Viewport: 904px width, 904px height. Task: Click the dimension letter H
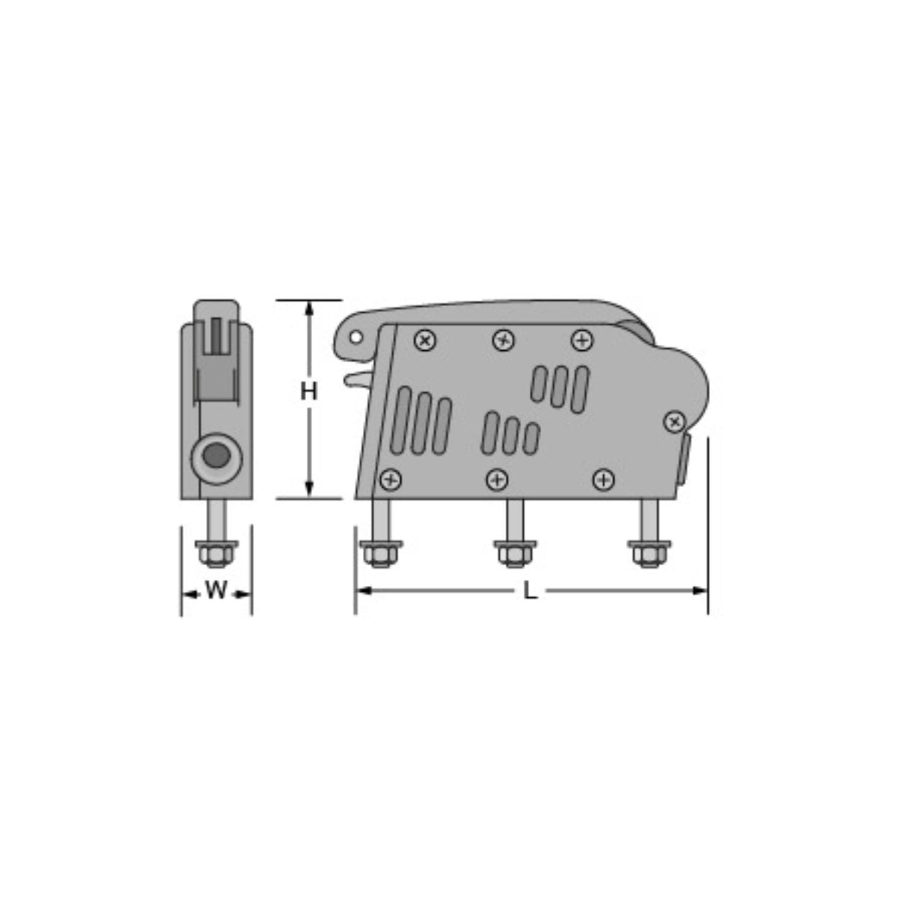coord(309,392)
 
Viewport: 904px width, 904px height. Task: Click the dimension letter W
coord(216,590)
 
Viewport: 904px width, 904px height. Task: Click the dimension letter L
coord(530,591)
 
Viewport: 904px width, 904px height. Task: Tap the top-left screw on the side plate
coord(425,341)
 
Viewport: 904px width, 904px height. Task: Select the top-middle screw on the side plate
coord(503,341)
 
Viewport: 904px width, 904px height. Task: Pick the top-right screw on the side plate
coord(582,341)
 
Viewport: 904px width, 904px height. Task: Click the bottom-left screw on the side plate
coord(391,480)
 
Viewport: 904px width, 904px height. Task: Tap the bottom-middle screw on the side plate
coord(497,480)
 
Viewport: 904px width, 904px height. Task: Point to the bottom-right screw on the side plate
coord(603,480)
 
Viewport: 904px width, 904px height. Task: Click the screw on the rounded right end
coord(674,422)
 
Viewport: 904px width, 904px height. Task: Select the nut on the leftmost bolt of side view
coord(380,553)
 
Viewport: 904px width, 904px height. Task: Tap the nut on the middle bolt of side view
coord(514,553)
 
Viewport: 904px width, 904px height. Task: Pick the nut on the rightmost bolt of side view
coord(648,553)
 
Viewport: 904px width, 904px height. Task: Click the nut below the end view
coord(216,553)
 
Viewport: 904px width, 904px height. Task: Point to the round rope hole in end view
coord(216,455)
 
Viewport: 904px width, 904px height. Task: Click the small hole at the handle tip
coord(356,338)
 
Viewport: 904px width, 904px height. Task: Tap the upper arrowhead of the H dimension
coord(309,309)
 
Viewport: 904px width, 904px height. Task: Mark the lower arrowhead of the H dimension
coord(309,489)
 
